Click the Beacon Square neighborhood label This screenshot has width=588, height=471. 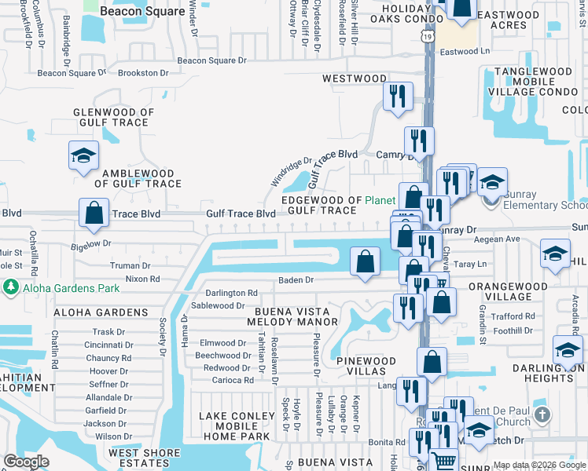[x=142, y=12]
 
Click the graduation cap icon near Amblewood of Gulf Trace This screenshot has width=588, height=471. [x=83, y=155]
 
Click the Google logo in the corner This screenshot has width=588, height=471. [x=25, y=462]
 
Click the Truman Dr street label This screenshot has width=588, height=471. [x=130, y=266]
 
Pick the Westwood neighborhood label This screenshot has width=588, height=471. [x=355, y=78]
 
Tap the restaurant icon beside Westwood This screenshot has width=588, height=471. [x=398, y=97]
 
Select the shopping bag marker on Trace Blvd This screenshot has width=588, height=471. [x=94, y=213]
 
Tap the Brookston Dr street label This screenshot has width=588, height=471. [x=142, y=73]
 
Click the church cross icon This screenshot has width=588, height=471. [x=541, y=414]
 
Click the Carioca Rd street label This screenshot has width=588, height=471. [x=233, y=380]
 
